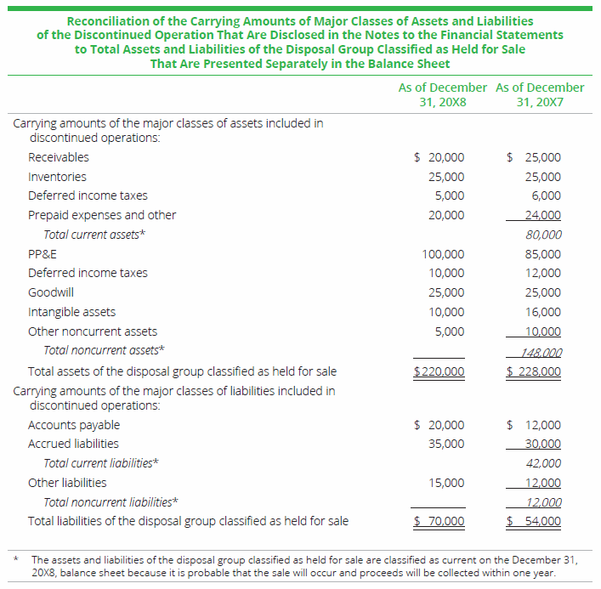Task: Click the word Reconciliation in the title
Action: tap(108, 20)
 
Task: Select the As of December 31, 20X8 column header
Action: tap(442, 94)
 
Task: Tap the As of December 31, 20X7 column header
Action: tap(540, 94)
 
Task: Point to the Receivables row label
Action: tap(58, 157)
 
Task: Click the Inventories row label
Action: tap(57, 177)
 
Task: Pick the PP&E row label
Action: tap(43, 254)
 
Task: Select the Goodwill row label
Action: tap(50, 292)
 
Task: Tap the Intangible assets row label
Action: tap(71, 312)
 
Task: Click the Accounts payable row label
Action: tap(74, 425)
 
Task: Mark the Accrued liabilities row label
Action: tap(73, 444)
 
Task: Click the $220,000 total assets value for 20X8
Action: tap(439, 371)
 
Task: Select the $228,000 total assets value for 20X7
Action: tap(534, 371)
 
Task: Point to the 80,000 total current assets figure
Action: tap(544, 235)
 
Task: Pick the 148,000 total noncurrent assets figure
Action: tap(541, 352)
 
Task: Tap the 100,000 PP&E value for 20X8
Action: tap(443, 254)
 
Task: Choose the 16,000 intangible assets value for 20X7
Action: tap(544, 312)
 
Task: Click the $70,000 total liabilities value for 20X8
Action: tap(439, 521)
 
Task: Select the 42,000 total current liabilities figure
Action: tap(544, 463)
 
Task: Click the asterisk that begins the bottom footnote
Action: tap(16, 559)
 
